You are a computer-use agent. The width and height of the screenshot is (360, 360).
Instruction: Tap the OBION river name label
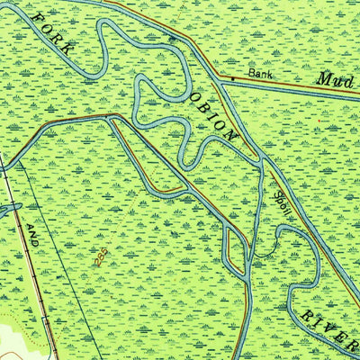(213, 117)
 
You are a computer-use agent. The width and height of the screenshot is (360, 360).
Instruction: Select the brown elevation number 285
(99, 256)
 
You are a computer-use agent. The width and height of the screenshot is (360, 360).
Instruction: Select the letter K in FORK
(66, 47)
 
